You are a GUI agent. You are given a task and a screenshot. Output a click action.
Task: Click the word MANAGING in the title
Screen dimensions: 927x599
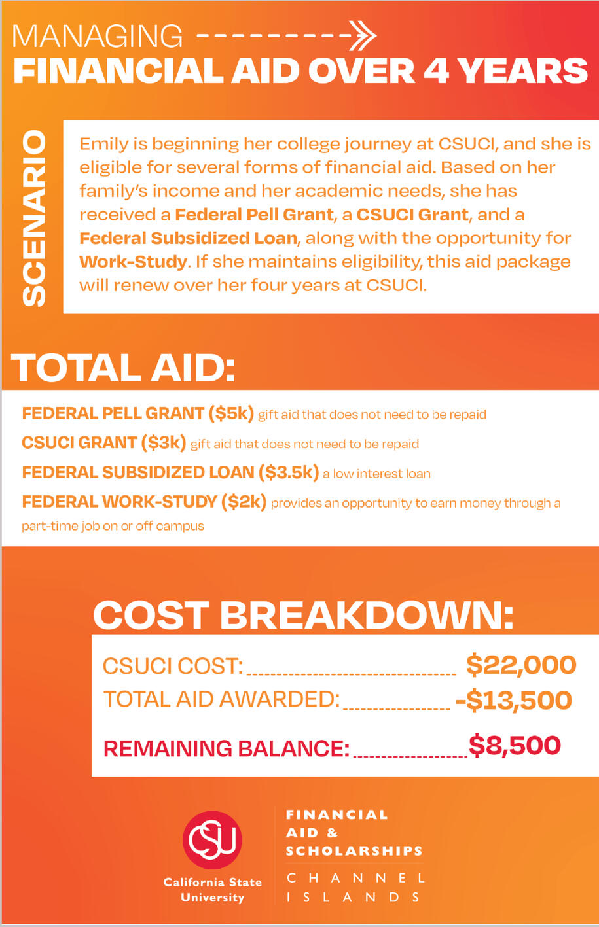click(x=98, y=37)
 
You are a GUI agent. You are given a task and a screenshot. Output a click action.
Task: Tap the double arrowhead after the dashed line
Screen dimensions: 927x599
click(x=362, y=35)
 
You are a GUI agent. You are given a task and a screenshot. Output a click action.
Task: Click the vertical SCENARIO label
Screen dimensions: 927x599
click(x=34, y=219)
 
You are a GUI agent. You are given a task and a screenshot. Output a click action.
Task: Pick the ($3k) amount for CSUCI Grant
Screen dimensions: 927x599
click(x=164, y=443)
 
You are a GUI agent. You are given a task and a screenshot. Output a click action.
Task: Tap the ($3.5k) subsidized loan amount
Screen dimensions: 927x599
click(x=289, y=472)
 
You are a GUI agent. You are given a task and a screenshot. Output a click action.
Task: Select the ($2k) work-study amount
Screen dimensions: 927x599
click(x=244, y=502)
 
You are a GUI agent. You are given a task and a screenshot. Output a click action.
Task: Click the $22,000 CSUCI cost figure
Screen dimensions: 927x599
click(x=521, y=665)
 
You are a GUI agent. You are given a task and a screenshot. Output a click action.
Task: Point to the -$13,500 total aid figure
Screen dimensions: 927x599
click(x=513, y=700)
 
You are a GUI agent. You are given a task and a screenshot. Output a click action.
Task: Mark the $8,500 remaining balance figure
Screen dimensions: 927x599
click(x=515, y=746)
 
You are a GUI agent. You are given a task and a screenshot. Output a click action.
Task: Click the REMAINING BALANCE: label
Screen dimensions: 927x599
click(x=227, y=748)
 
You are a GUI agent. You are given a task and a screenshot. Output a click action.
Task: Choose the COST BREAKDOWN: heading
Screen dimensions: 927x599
click(x=303, y=615)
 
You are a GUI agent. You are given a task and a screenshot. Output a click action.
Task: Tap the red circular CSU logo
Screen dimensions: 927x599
click(x=212, y=840)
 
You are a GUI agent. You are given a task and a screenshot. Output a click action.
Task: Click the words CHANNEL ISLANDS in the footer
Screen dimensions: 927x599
click(x=356, y=887)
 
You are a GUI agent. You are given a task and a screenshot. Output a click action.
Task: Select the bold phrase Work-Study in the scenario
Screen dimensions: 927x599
click(x=133, y=262)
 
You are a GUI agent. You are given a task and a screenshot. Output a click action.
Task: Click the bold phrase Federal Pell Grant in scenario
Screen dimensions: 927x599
click(x=254, y=215)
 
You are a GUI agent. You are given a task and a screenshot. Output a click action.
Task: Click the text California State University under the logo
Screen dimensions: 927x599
click(x=212, y=890)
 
